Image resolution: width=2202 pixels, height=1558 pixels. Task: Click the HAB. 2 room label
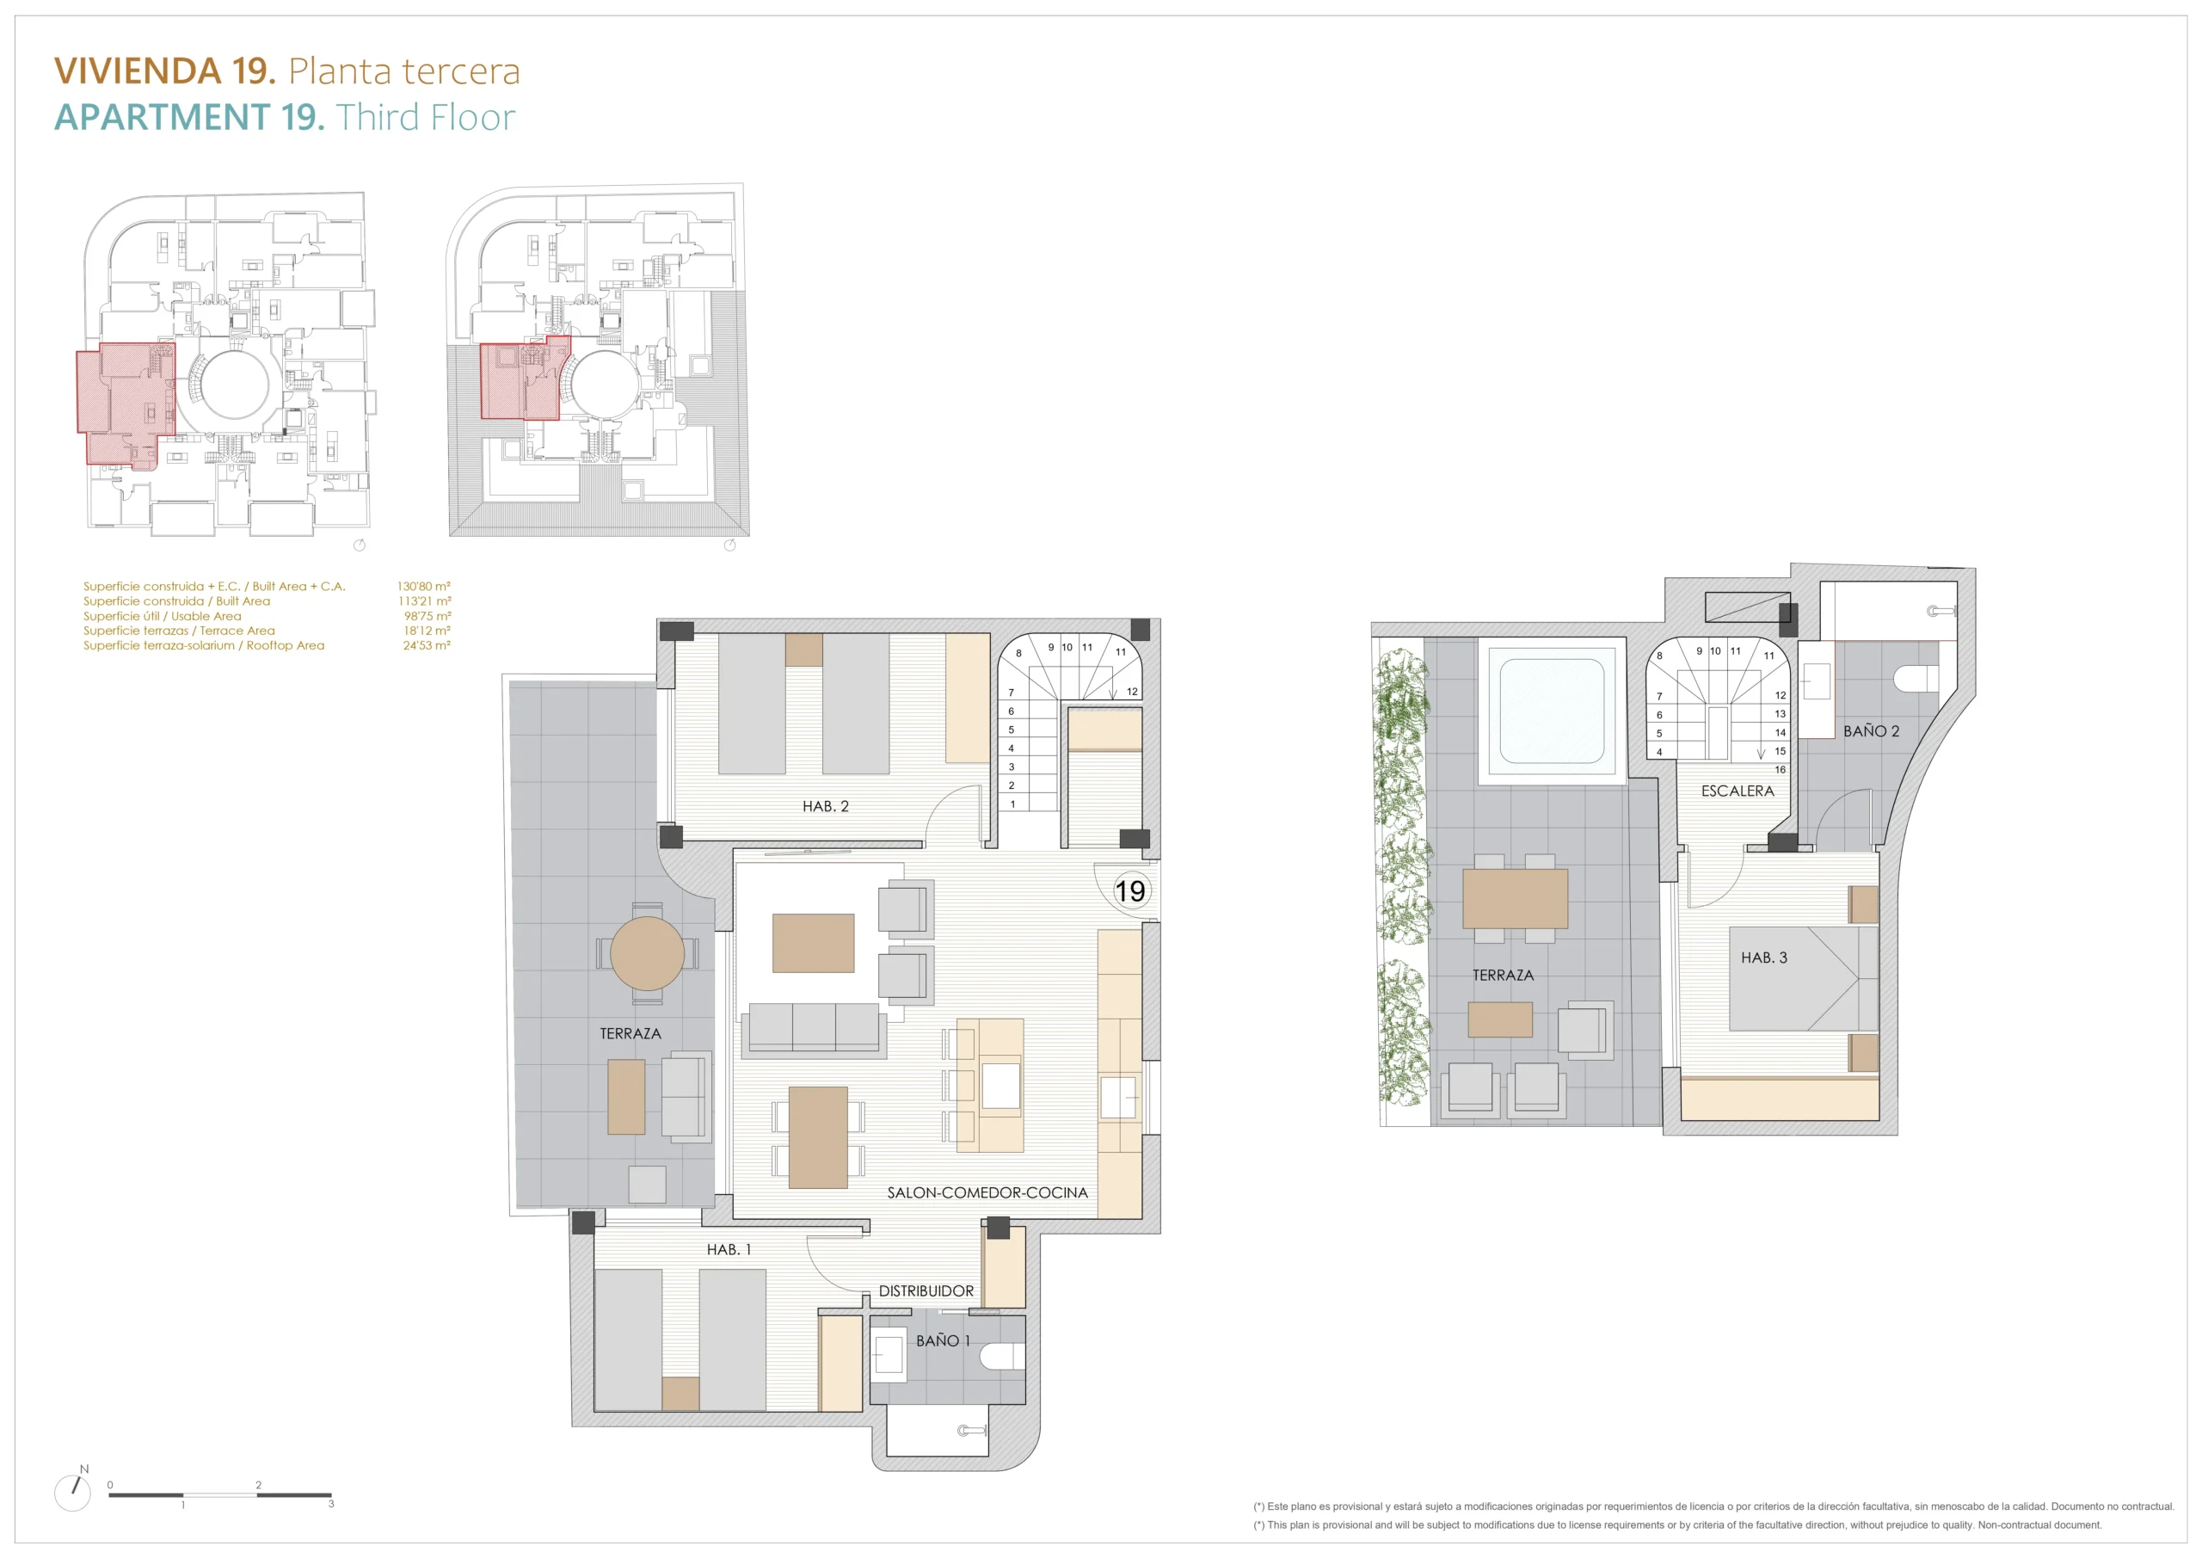825,807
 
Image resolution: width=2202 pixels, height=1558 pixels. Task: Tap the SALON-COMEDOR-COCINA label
987,1192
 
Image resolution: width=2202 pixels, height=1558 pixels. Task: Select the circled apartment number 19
1129,891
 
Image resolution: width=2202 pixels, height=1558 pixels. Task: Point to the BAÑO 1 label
943,1340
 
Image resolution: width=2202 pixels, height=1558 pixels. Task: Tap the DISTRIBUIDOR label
926,1291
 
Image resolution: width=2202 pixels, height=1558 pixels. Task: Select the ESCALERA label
1737,791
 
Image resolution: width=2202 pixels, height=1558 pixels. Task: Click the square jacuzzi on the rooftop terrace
1552,711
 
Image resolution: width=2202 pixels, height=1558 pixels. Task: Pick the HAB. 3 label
1763,958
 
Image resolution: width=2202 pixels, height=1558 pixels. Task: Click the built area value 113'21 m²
424,601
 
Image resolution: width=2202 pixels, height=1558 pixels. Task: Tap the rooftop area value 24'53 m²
426,645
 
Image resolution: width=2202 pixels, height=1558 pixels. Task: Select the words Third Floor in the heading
425,117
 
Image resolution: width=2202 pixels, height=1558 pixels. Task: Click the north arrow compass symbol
73,1493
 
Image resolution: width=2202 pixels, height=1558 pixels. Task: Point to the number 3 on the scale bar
331,1505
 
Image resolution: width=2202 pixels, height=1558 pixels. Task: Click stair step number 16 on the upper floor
1780,769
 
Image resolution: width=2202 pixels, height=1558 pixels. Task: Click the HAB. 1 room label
729,1250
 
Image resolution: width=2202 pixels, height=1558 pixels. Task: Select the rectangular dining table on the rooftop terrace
1516,899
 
